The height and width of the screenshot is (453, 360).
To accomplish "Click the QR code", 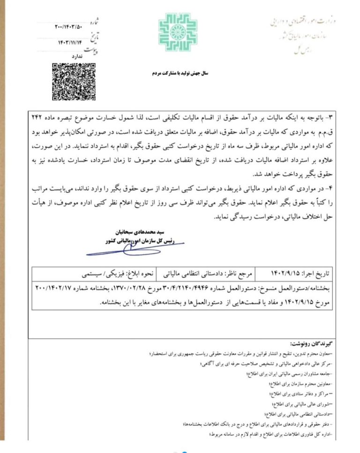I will tap(70, 82).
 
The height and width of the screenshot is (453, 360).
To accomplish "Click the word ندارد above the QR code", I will tap(75, 56).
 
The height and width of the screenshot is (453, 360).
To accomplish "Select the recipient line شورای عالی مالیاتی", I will tap(300, 403).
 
